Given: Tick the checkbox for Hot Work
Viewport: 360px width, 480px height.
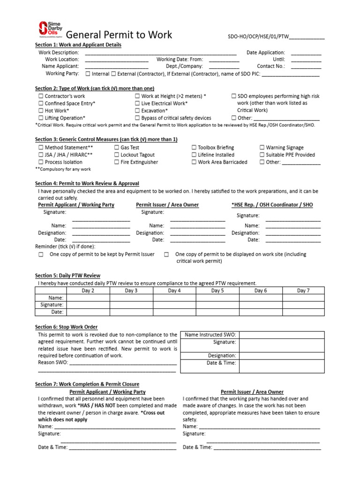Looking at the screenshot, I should [40, 111].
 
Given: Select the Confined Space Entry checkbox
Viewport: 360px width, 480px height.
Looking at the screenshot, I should [40, 103].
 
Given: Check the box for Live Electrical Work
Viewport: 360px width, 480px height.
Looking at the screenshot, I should [137, 103].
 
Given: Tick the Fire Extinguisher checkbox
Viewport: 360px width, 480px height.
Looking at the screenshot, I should [116, 162].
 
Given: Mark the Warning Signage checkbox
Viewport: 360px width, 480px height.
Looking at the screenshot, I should [262, 147].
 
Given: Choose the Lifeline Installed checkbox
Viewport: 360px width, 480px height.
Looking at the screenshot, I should [194, 155].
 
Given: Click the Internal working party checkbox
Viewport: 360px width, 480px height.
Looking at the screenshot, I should [88, 74].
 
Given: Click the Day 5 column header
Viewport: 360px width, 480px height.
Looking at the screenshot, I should [217, 291].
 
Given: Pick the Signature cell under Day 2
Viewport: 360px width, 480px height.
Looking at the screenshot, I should [88, 304].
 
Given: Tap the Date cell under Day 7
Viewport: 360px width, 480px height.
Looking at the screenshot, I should [303, 312].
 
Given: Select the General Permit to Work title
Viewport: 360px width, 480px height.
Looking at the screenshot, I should [119, 35].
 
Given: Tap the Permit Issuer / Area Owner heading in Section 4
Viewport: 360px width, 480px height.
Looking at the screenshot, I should [167, 205].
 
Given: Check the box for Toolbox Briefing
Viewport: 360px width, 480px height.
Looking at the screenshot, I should [194, 147].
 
